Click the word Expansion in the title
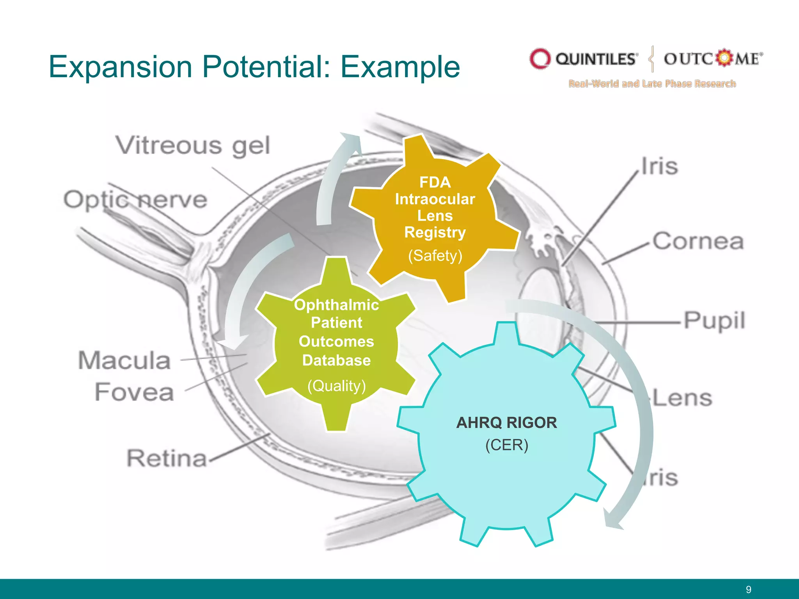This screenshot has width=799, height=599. click(120, 67)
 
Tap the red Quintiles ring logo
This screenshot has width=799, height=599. click(540, 59)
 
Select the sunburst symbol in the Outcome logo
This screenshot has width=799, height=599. click(724, 58)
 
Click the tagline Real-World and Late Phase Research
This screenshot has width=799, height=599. click(652, 83)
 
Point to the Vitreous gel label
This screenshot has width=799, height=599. click(193, 146)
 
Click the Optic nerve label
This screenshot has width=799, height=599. click(135, 200)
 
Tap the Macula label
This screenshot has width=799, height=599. click(124, 360)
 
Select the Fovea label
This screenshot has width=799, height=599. click(134, 392)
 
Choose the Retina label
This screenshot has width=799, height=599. click(167, 458)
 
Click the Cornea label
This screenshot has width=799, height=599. click(698, 241)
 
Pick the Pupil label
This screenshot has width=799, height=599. click(714, 321)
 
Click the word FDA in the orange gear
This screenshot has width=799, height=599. click(435, 182)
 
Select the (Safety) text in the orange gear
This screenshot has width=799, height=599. click(435, 256)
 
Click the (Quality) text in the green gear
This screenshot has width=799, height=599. click(336, 386)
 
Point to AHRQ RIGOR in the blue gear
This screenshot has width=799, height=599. click(506, 423)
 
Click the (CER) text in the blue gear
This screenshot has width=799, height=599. click(506, 445)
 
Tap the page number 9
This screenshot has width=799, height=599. click(748, 589)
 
